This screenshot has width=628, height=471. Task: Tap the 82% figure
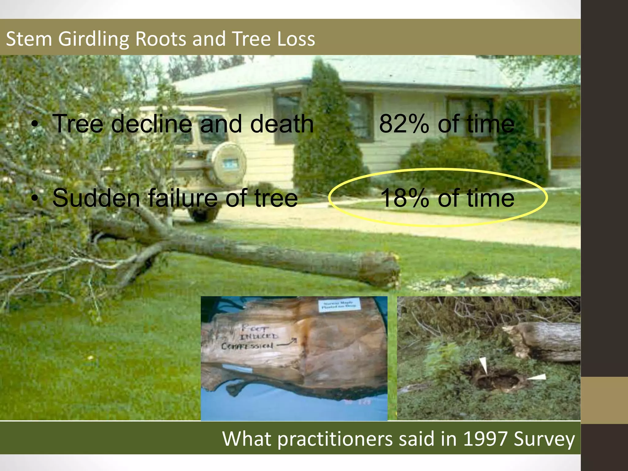coord(404,124)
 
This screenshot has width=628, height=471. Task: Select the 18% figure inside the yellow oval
coord(404,198)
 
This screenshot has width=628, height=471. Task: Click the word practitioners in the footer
coord(335,439)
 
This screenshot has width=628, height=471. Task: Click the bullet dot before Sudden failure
coord(36,199)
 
